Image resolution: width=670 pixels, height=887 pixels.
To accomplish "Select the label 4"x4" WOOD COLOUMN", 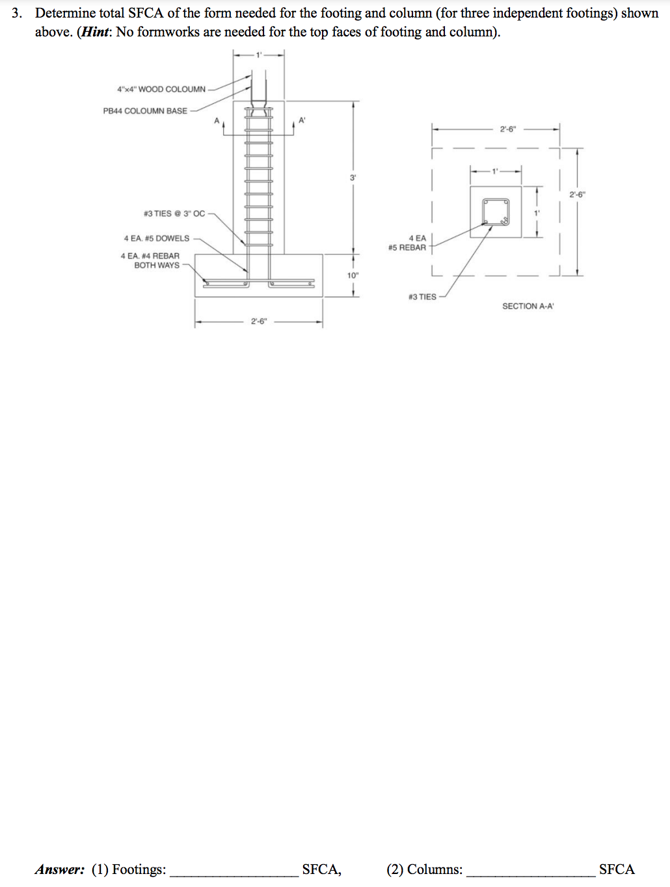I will pos(161,89).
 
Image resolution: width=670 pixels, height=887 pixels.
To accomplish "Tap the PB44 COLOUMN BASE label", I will pos(144,111).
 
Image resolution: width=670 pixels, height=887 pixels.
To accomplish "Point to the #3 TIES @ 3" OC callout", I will pos(174,213).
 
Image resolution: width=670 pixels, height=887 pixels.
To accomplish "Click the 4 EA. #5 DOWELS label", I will pos(156,239).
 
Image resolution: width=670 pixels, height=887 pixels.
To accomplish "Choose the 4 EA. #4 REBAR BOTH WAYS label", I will pos(150,261).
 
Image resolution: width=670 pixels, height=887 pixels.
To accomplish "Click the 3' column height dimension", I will pos(353,178).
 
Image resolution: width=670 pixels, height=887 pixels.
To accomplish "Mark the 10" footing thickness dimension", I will pos(352,276).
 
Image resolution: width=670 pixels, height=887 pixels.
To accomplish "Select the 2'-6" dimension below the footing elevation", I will pos(258,321).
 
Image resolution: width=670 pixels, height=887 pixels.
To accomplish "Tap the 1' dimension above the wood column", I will pos(258,55).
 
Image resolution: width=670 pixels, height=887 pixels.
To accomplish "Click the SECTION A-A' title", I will pos(528,306).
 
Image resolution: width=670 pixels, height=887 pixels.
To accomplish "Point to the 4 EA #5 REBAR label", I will pos(408,243).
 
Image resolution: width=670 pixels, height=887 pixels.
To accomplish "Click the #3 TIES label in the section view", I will pos(422,297).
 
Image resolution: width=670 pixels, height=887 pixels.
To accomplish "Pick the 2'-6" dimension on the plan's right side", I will pos(576,194).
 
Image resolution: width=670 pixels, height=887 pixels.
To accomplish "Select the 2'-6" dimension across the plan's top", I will pos(507,129).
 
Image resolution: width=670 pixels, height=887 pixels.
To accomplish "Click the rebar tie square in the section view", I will pos(495,212).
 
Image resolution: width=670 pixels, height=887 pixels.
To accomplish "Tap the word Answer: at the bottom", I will pos(60,869).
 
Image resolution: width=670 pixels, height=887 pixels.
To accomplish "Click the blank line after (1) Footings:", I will pos(234,871).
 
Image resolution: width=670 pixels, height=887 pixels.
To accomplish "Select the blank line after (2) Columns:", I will pos(530,871).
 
